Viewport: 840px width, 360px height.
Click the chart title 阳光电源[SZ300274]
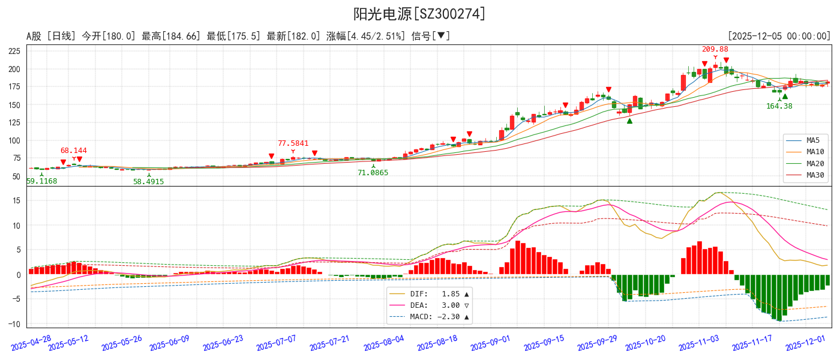419,14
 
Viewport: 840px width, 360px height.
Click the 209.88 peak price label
715,49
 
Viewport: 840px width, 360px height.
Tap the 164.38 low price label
779,106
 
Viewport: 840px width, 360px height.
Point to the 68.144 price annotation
73,151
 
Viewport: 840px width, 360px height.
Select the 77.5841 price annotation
293,143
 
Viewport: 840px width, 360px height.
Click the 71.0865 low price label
373,173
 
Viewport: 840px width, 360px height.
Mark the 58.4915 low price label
148,181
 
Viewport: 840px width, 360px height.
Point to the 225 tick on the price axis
14,51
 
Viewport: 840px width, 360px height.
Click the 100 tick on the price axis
14,140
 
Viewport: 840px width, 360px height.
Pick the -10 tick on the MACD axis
14,324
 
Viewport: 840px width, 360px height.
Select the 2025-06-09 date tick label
169,343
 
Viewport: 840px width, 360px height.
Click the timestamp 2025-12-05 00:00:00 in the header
779,37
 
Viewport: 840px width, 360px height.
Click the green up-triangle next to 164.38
785,96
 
